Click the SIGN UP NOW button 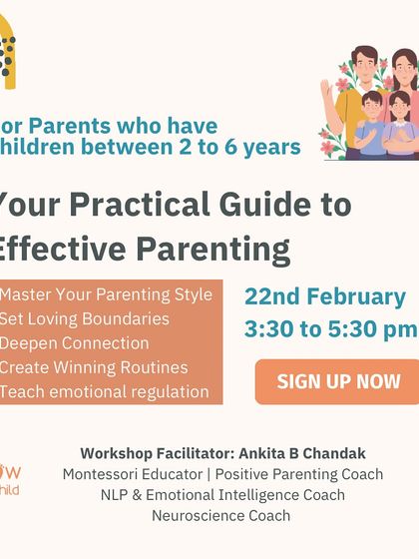[x=338, y=381]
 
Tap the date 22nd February [x=325, y=297]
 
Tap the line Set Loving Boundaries [x=85, y=319]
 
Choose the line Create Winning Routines [x=94, y=367]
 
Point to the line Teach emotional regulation [x=105, y=391]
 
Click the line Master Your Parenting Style [x=106, y=294]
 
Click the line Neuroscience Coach [x=221, y=515]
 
